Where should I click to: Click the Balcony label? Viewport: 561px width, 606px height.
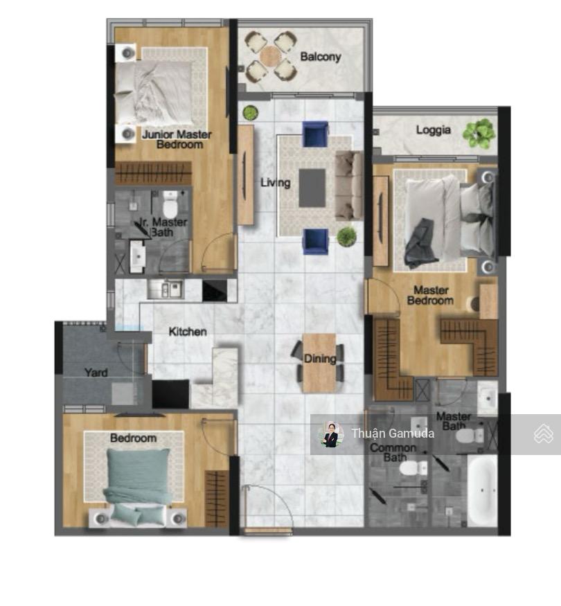(x=320, y=57)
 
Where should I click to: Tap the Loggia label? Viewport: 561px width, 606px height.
(x=434, y=130)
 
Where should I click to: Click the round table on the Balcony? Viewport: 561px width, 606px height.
(x=270, y=56)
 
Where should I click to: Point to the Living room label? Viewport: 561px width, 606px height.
(x=275, y=183)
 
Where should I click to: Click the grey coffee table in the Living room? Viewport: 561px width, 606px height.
(x=312, y=187)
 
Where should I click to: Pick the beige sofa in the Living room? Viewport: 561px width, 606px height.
(x=348, y=185)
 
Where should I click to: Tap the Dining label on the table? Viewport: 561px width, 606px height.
(x=319, y=358)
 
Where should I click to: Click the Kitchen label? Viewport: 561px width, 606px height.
(x=188, y=332)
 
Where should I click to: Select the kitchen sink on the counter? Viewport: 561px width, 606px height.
(x=166, y=289)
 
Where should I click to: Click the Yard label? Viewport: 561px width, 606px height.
(x=96, y=373)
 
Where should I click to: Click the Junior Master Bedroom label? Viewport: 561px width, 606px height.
(x=177, y=139)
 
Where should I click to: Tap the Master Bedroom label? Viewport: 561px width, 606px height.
(x=430, y=295)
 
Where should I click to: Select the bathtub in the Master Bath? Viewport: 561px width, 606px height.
(x=482, y=490)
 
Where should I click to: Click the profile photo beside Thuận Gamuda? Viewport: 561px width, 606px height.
(x=331, y=434)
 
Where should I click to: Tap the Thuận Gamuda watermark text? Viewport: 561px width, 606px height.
(x=392, y=434)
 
